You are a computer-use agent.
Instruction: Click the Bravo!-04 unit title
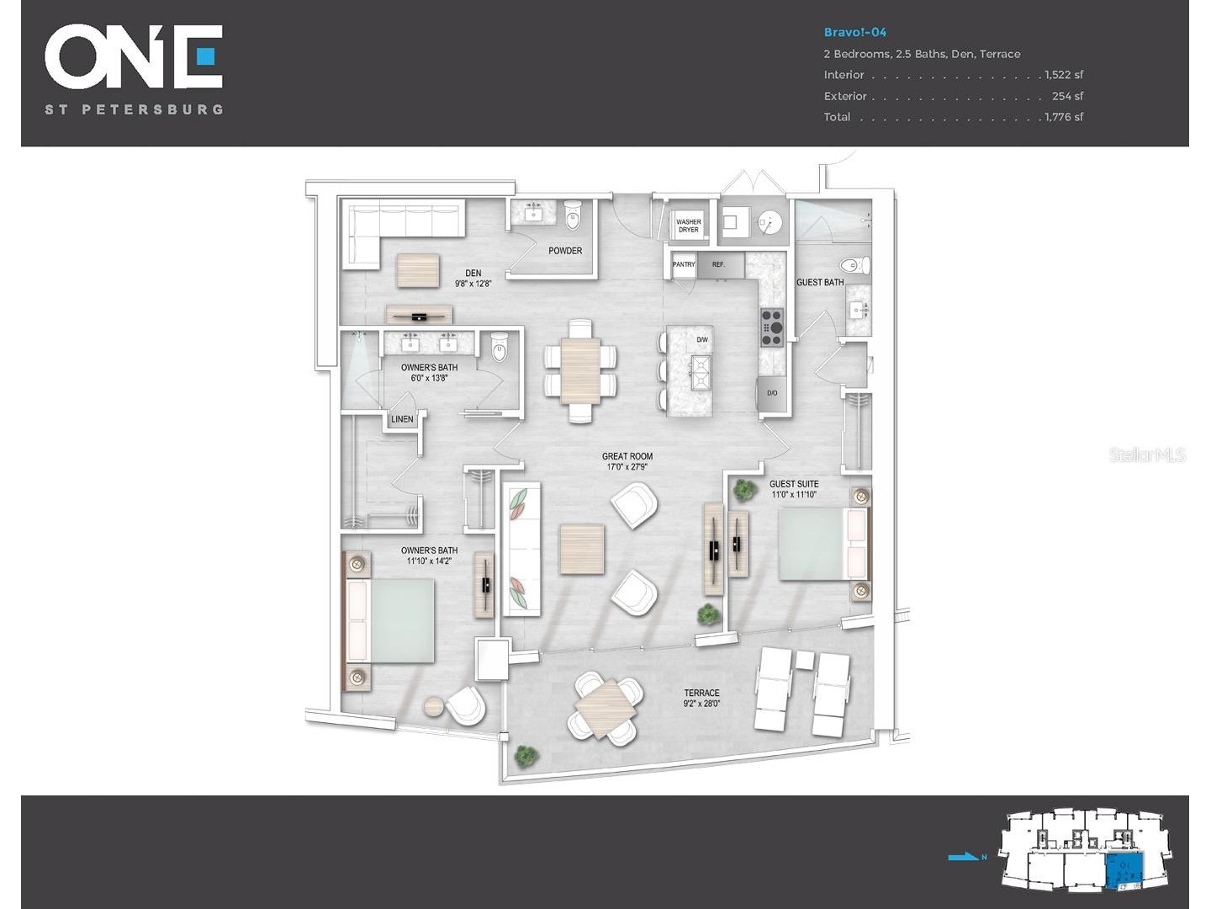pos(854,33)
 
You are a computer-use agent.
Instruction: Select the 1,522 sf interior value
pos(1064,75)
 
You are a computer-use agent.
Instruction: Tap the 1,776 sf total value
pos(1064,117)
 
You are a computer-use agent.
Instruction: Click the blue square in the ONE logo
pos(207,56)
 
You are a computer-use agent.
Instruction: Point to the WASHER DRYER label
pos(689,226)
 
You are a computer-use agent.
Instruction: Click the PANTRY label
pos(684,264)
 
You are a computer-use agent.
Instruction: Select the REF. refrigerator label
pos(718,264)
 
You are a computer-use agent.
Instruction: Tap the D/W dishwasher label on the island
pos(701,339)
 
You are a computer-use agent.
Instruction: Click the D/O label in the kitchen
pos(772,393)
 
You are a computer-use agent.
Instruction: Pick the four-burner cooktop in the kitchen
pos(772,327)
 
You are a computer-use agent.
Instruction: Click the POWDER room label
pos(565,251)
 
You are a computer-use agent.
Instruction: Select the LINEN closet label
pos(402,419)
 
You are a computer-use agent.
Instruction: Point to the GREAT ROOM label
pos(627,456)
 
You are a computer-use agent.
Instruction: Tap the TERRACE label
pos(701,693)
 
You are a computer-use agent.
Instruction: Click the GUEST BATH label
pos(820,283)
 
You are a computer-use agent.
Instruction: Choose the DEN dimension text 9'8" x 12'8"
pos(473,284)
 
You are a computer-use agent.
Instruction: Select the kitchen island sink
pos(701,373)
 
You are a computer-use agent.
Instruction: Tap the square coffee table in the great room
pos(581,549)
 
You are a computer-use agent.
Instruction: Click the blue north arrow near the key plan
pos(962,857)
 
